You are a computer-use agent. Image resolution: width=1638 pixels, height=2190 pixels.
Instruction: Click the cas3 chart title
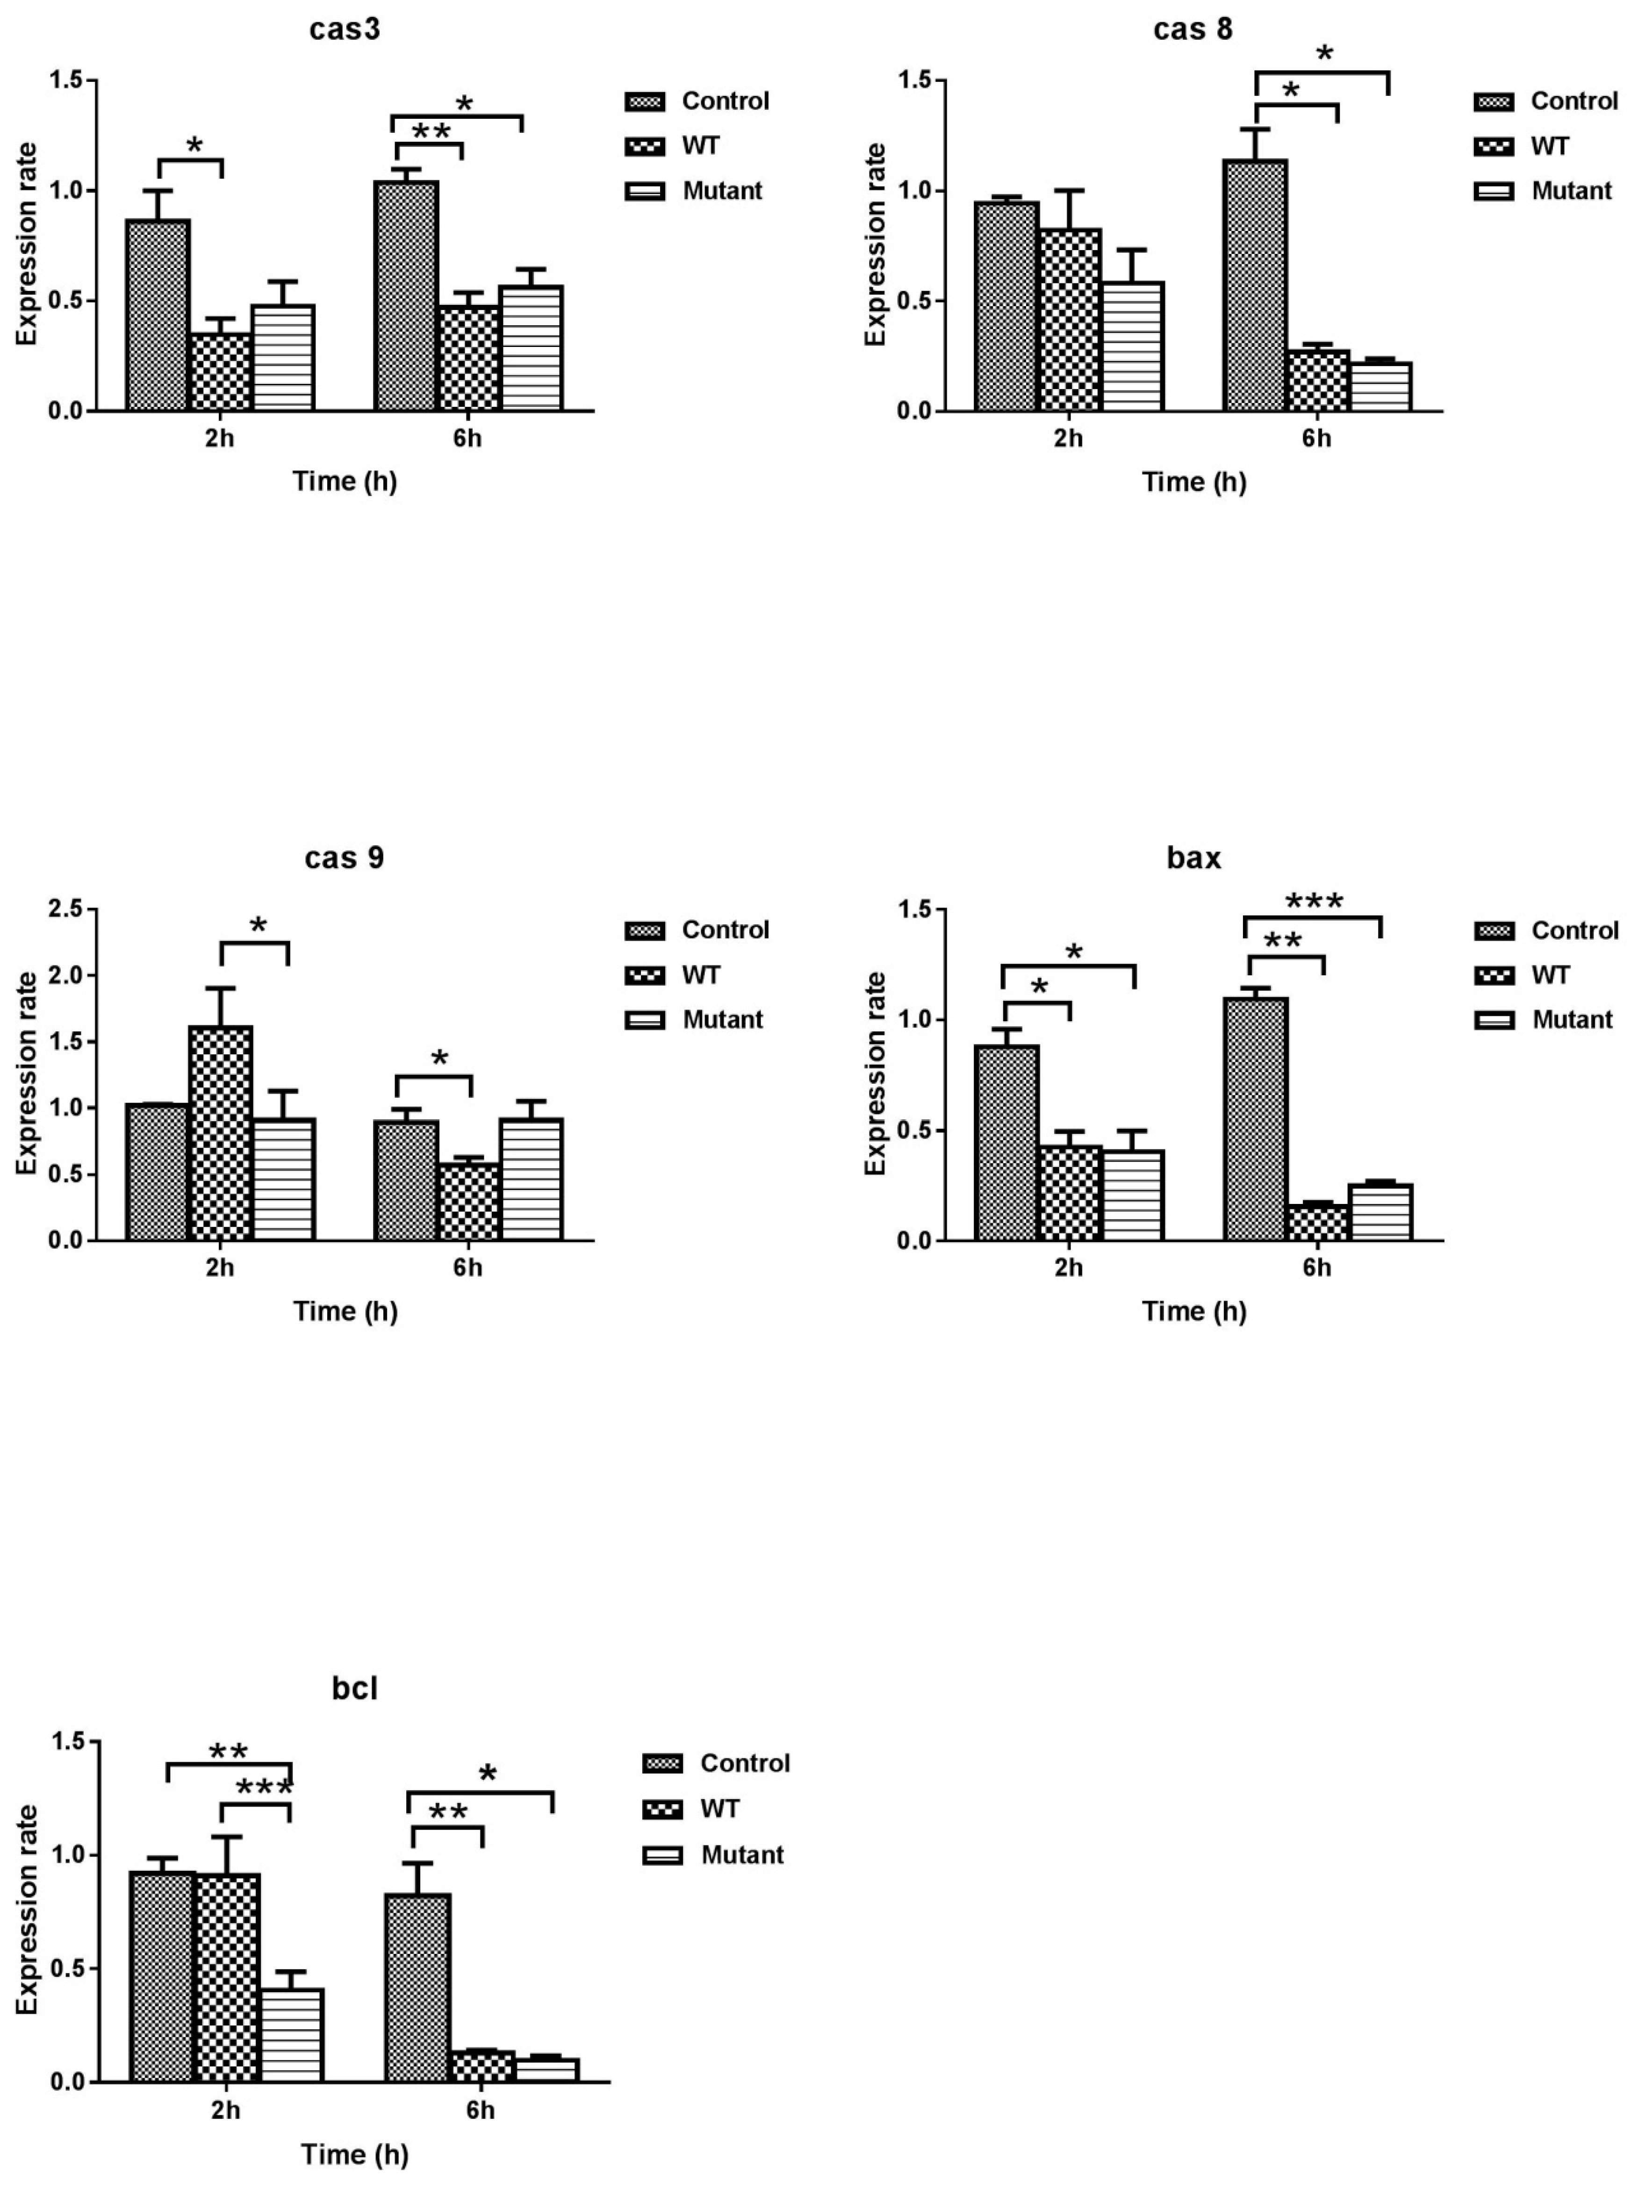click(x=345, y=30)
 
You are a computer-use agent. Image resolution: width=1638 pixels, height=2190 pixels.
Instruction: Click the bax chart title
click(x=1193, y=858)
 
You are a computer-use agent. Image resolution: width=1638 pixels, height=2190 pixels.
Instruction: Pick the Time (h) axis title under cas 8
click(x=1193, y=482)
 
